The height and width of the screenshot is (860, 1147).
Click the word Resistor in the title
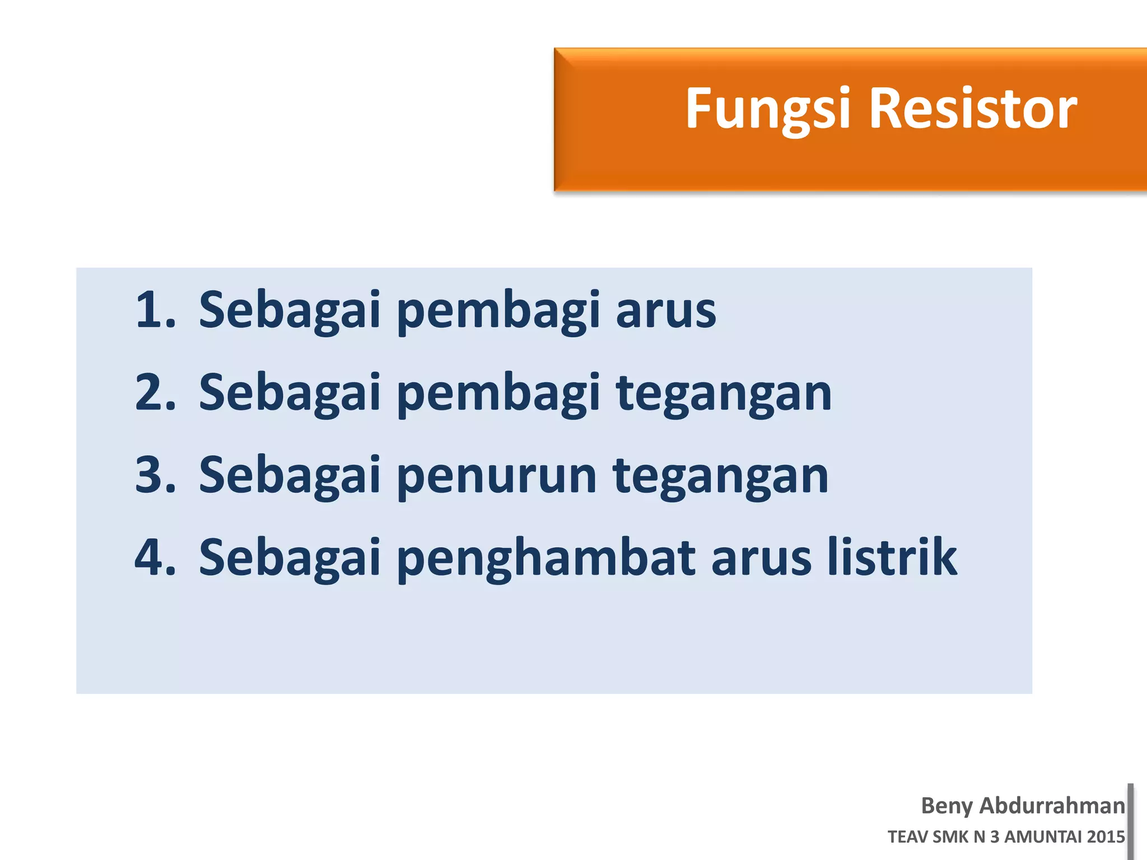click(x=973, y=109)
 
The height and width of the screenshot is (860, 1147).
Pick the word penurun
click(x=496, y=477)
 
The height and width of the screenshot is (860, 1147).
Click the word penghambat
click(x=547, y=558)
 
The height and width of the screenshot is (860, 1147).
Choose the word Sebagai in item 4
click(x=290, y=558)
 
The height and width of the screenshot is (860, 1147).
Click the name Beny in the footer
click(x=946, y=806)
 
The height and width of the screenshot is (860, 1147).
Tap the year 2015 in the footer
click(x=1106, y=837)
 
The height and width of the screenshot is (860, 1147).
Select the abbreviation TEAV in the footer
click(x=907, y=837)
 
